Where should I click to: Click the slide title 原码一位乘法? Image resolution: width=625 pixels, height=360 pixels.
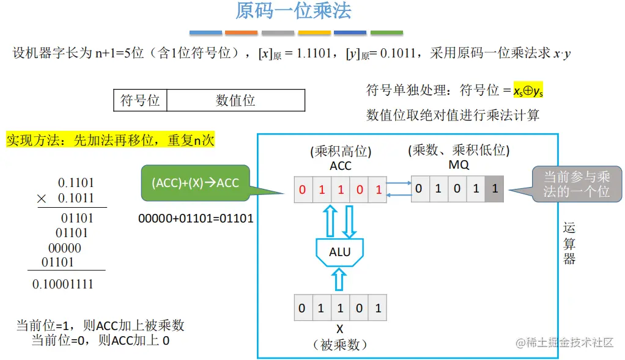tap(294, 12)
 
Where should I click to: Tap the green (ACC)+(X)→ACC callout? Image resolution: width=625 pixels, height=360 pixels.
tap(195, 183)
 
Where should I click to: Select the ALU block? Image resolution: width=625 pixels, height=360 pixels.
tap(339, 251)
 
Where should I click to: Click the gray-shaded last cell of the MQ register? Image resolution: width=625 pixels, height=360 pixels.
tap(494, 189)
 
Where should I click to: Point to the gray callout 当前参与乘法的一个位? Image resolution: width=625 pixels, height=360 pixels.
tap(577, 183)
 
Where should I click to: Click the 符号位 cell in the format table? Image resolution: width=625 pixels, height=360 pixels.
tap(140, 100)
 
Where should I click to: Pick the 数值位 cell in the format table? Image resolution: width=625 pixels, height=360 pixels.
tap(235, 100)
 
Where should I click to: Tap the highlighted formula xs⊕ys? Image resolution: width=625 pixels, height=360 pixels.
tap(528, 91)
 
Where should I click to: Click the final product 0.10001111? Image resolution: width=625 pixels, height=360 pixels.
tap(63, 284)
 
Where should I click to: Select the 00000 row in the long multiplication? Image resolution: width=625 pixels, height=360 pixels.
tap(64, 248)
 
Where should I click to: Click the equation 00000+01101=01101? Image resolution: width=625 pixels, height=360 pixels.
tap(196, 218)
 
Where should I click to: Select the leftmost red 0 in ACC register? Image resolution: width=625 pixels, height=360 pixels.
tap(302, 190)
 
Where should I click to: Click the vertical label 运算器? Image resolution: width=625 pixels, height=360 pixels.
tap(569, 243)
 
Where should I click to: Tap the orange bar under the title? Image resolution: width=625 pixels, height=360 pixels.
tap(241, 32)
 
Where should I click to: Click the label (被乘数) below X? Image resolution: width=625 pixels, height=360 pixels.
tap(339, 345)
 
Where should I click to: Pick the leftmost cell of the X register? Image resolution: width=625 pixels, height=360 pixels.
tap(302, 308)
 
